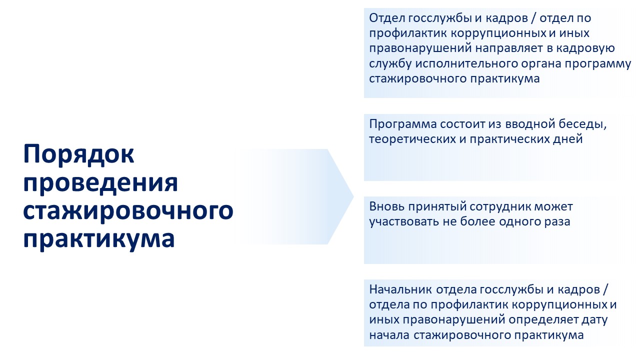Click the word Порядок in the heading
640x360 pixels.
pyautogui.click(x=78, y=155)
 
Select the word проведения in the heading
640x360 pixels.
pyautogui.click(x=100, y=183)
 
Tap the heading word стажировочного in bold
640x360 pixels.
pyautogui.click(x=128, y=211)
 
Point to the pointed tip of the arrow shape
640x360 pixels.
pyautogui.click(x=353, y=196)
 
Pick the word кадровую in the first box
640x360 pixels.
pyautogui.click(x=585, y=48)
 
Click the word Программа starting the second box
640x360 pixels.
pyautogui.click(x=403, y=124)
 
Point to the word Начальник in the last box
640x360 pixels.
pyautogui.click(x=400, y=289)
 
